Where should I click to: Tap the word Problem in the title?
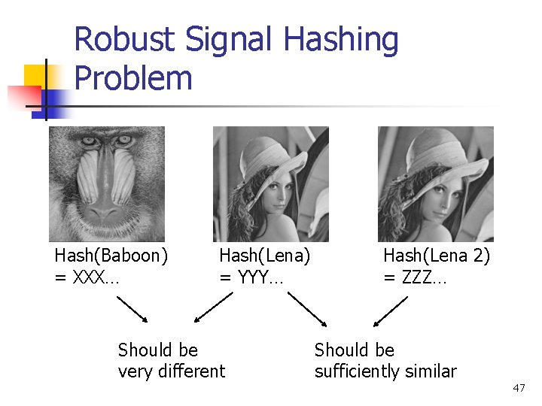tap(134, 78)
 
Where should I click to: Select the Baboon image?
tap(107, 183)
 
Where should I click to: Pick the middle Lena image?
tap(271, 183)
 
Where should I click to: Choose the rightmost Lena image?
tap(435, 183)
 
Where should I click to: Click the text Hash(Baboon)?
tap(111, 256)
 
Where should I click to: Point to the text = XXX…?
tap(87, 277)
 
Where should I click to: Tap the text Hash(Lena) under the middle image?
tap(264, 256)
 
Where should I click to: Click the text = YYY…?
tap(251, 277)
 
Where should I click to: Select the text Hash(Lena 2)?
tap(437, 256)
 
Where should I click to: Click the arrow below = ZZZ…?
tap(391, 311)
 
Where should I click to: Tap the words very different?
tap(172, 371)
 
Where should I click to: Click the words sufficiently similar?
tap(385, 371)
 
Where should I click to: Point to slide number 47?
tap(519, 388)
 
